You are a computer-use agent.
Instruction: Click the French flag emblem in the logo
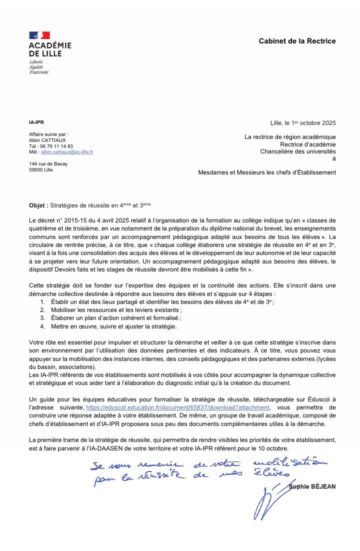pos(39,35)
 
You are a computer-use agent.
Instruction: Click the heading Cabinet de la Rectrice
pos(297,41)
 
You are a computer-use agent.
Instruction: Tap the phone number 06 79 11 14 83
pos(56,146)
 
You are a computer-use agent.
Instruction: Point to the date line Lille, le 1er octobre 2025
pos(303,123)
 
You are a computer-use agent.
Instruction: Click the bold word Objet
pos(38,205)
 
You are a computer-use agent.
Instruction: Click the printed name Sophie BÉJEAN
pos(312,486)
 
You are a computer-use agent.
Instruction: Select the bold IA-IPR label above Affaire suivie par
pos(36,122)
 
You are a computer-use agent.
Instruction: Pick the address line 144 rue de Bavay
pos(48,163)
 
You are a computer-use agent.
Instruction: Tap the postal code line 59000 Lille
pos(41,169)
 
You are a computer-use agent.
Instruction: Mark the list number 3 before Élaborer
pos(42,318)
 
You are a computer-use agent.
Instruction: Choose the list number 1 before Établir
pos(42,302)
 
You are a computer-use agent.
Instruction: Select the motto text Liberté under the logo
pos(36,61)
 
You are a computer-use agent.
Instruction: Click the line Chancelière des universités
pos(298,151)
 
